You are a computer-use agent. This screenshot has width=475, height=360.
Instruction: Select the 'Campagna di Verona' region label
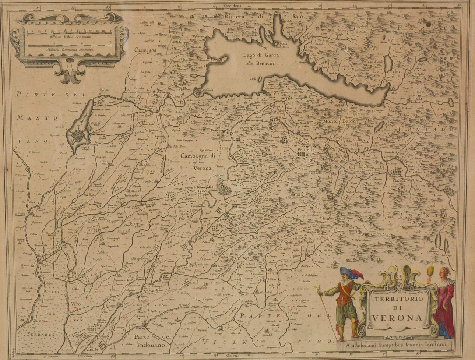(x=197, y=162)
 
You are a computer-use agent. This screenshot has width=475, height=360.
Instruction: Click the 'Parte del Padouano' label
(x=153, y=341)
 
